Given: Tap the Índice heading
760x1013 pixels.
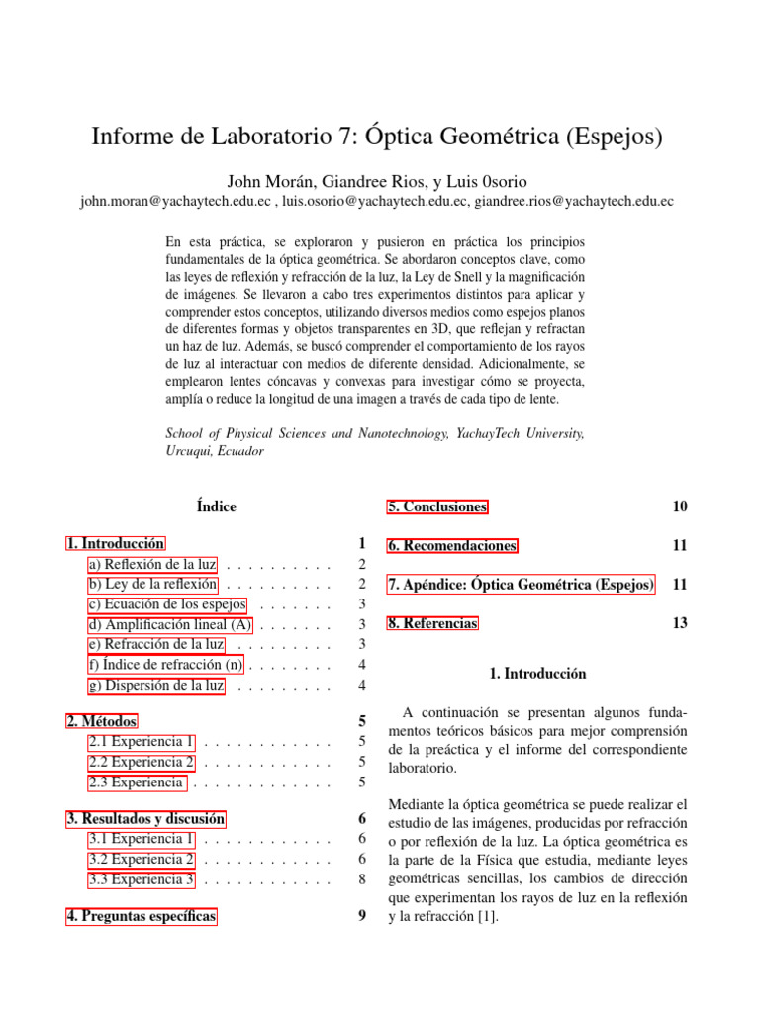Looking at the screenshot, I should (x=216, y=506).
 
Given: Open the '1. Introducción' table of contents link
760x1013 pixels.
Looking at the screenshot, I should (x=116, y=543).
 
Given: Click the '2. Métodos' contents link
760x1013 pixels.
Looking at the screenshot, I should (x=102, y=721).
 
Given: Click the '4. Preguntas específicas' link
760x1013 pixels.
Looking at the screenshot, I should (x=142, y=916).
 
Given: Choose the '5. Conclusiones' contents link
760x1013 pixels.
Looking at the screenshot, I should (x=437, y=506).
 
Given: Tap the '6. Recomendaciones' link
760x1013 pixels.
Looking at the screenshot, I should (x=452, y=545).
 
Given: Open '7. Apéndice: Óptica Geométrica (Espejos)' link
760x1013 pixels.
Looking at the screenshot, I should (x=521, y=585).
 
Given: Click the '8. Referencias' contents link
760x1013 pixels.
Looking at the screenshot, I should (x=432, y=623).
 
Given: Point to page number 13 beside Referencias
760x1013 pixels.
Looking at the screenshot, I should (x=679, y=623).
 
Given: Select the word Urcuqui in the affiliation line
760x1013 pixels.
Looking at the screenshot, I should (x=189, y=449).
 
